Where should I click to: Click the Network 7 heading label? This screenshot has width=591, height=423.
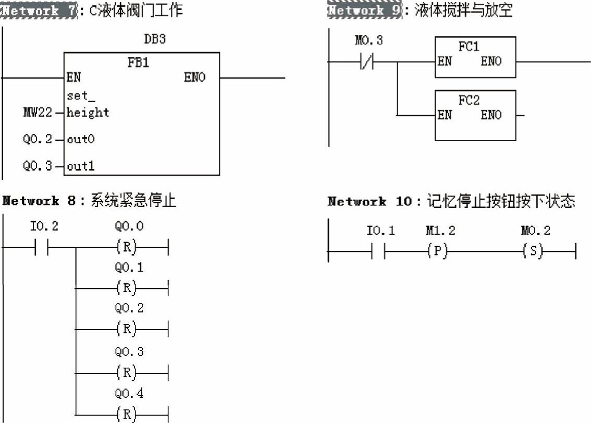point(40,10)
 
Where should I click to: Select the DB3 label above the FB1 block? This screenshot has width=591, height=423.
point(155,40)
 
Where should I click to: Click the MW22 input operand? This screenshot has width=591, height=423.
point(38,112)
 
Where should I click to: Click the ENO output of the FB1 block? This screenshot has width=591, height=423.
point(195,78)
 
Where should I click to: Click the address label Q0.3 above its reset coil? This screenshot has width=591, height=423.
point(129,352)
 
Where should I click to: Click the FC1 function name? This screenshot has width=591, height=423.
point(469,47)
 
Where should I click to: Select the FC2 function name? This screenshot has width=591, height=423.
point(469,101)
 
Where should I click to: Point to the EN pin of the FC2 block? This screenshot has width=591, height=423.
point(445,115)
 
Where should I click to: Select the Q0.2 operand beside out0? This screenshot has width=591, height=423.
point(38,139)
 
